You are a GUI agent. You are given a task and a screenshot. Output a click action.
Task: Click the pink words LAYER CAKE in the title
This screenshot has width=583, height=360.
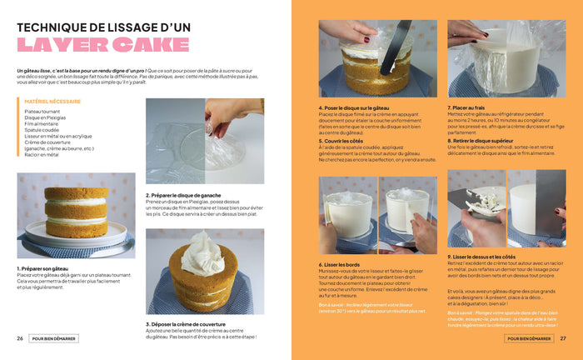(102, 45)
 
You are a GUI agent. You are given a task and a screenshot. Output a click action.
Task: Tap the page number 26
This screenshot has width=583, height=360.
(20, 338)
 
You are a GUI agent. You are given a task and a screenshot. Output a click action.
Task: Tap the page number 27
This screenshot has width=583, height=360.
(563, 338)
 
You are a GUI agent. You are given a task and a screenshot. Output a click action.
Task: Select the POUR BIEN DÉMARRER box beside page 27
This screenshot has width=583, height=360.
(529, 338)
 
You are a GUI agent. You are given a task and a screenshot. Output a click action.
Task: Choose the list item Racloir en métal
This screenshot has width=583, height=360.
(43, 154)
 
